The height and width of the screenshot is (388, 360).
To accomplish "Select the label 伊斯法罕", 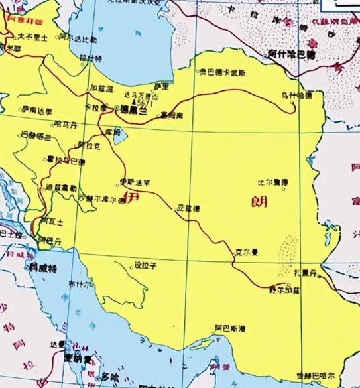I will click(135, 181).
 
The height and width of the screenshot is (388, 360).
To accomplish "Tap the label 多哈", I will click(109, 375).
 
